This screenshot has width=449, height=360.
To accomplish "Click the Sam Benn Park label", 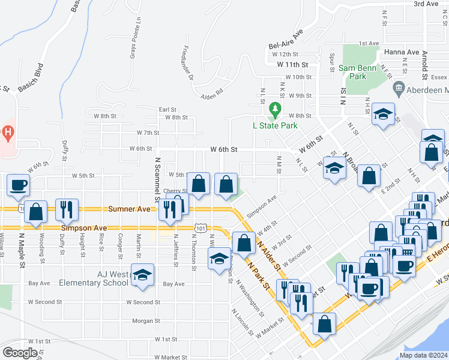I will click(x=357, y=72).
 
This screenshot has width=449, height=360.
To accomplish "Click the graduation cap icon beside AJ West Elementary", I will click(x=142, y=275).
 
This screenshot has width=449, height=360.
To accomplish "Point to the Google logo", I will click(x=20, y=353).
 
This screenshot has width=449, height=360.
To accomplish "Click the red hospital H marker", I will click(x=7, y=131).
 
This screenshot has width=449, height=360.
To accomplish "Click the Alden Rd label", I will click(x=212, y=92).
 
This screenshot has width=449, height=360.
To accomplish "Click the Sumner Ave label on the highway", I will click(x=124, y=209).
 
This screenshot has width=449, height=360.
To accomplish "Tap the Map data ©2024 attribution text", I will click(x=423, y=355).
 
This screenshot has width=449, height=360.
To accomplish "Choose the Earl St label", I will click(x=167, y=110).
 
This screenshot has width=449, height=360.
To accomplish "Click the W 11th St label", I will click(x=292, y=64).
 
